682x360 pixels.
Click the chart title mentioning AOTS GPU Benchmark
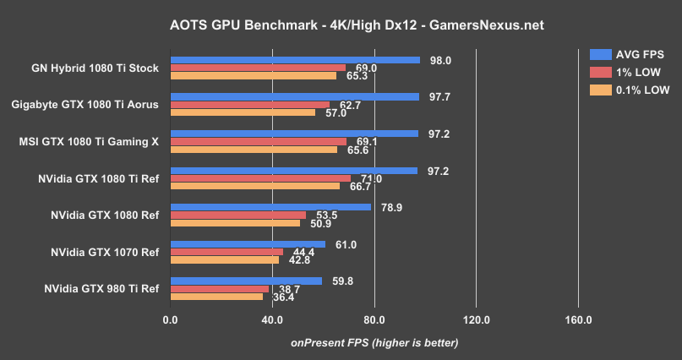(x=341, y=25)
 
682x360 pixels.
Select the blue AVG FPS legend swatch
(x=600, y=54)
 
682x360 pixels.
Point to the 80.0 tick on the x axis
(x=374, y=320)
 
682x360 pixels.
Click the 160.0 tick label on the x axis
(x=578, y=320)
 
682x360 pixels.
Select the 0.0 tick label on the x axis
(x=170, y=320)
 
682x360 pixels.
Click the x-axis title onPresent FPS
(x=374, y=342)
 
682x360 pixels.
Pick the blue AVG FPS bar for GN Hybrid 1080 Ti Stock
(x=295, y=60)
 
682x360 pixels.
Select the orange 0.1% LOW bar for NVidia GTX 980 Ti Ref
(x=216, y=297)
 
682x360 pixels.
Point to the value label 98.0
(x=441, y=60)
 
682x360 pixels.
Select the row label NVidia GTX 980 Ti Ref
(x=101, y=288)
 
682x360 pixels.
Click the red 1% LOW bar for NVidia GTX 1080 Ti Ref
(x=260, y=178)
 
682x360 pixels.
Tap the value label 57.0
(x=334, y=113)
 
